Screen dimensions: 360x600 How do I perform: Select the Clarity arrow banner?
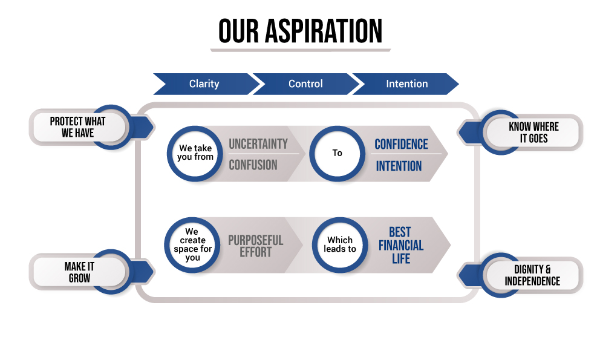click(204, 84)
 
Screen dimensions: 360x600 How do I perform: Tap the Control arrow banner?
click(305, 84)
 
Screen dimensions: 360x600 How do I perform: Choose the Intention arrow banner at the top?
click(406, 84)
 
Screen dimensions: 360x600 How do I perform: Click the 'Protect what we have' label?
click(77, 127)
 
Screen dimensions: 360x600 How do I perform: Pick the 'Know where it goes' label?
click(533, 133)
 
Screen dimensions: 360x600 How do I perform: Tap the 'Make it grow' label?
click(79, 272)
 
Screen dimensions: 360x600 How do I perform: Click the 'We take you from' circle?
click(196, 153)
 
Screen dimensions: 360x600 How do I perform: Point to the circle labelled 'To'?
click(337, 153)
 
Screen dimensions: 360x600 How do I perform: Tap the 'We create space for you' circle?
click(192, 244)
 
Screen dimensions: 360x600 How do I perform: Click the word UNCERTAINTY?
click(258, 144)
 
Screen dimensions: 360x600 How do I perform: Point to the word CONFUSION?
click(253, 165)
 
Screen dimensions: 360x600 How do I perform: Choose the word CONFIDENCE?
click(401, 144)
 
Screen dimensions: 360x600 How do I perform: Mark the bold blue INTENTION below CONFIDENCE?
click(399, 166)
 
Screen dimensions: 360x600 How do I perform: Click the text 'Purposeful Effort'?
click(255, 246)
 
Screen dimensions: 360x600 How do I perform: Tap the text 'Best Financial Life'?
click(400, 245)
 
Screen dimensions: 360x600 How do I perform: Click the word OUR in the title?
click(238, 31)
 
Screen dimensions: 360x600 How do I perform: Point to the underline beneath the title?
click(300, 50)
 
